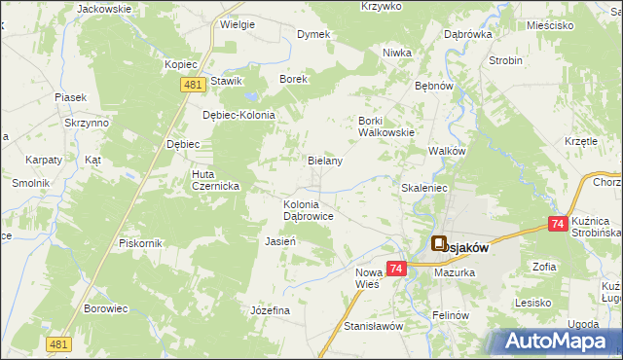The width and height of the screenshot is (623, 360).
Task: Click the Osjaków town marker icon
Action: (438, 246)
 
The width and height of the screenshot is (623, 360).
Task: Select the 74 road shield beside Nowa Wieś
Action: (396, 268)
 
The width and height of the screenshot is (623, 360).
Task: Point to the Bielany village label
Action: (325, 161)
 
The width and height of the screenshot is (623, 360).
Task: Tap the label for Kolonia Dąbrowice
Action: (309, 211)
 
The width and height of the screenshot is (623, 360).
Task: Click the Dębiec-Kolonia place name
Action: (238, 115)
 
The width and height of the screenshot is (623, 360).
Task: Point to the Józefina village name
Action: (271, 309)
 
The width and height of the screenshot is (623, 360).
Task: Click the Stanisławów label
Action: (373, 326)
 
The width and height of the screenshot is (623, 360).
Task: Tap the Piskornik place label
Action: (140, 242)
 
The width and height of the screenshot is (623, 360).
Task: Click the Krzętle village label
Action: (580, 141)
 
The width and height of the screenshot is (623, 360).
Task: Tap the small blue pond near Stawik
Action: (251, 97)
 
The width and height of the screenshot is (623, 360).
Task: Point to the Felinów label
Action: (451, 316)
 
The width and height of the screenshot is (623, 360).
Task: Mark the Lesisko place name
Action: (534, 303)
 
